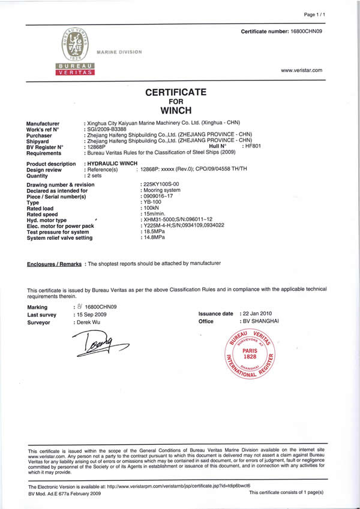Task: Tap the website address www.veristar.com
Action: (302, 71)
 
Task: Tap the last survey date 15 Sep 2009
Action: (92, 314)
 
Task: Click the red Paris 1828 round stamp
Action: (250, 353)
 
